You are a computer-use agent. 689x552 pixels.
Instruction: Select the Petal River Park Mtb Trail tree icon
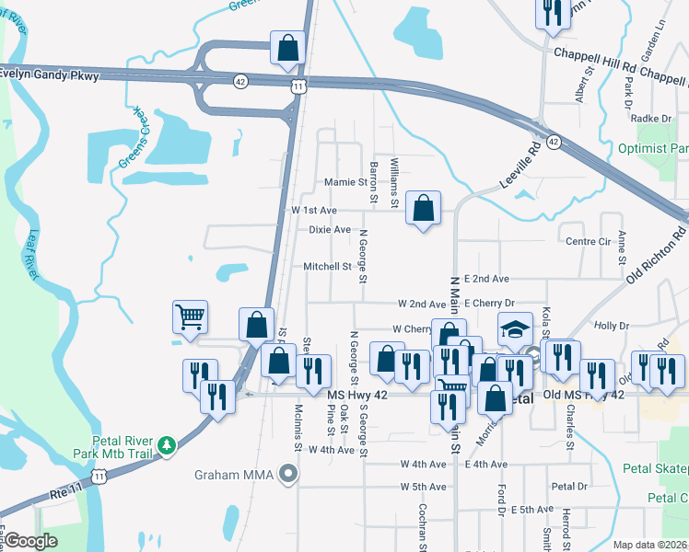(166, 446)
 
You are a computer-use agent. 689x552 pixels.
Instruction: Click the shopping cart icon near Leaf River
(190, 316)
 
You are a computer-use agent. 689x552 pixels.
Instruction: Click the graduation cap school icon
(516, 328)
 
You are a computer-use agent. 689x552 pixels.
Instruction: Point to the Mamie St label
(346, 182)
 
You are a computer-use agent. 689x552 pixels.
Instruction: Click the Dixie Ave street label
(330, 229)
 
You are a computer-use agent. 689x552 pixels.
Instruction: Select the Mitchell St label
(328, 267)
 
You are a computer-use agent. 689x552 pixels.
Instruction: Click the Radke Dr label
(652, 118)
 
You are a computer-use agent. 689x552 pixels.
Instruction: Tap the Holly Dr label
(612, 326)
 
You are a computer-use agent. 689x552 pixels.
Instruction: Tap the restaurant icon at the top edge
(552, 12)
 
